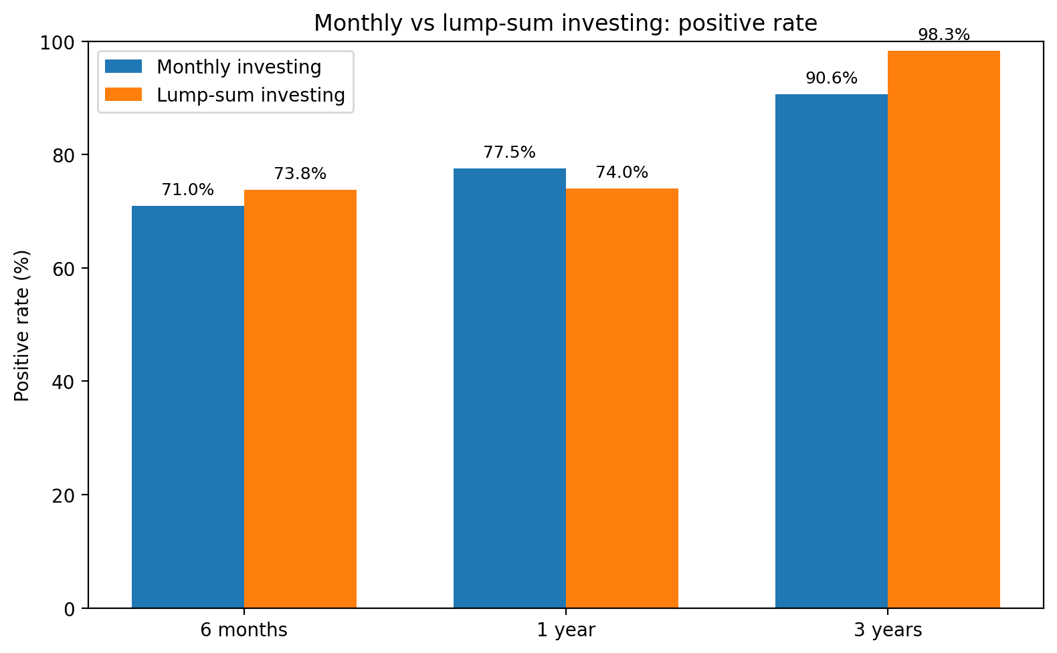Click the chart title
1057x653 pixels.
565,23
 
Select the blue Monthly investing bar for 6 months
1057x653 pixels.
188,407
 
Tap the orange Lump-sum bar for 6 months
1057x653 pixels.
300,399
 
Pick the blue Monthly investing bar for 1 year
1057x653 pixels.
510,388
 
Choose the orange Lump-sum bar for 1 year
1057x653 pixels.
622,398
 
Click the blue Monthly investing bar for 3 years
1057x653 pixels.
832,352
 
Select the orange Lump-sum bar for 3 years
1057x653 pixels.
944,330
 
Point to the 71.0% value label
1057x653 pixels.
188,190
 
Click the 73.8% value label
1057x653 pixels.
300,174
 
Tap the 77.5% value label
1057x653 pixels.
510,152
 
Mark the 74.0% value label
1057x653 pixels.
622,172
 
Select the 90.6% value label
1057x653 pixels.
832,78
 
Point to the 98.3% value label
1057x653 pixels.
944,34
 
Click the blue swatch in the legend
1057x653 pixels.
123,66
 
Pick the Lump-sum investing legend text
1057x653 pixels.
251,95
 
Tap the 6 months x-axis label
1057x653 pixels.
244,630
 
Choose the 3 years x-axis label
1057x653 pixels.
888,630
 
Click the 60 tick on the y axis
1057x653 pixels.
64,269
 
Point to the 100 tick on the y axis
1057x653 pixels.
58,43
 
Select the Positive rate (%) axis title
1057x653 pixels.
21,325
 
